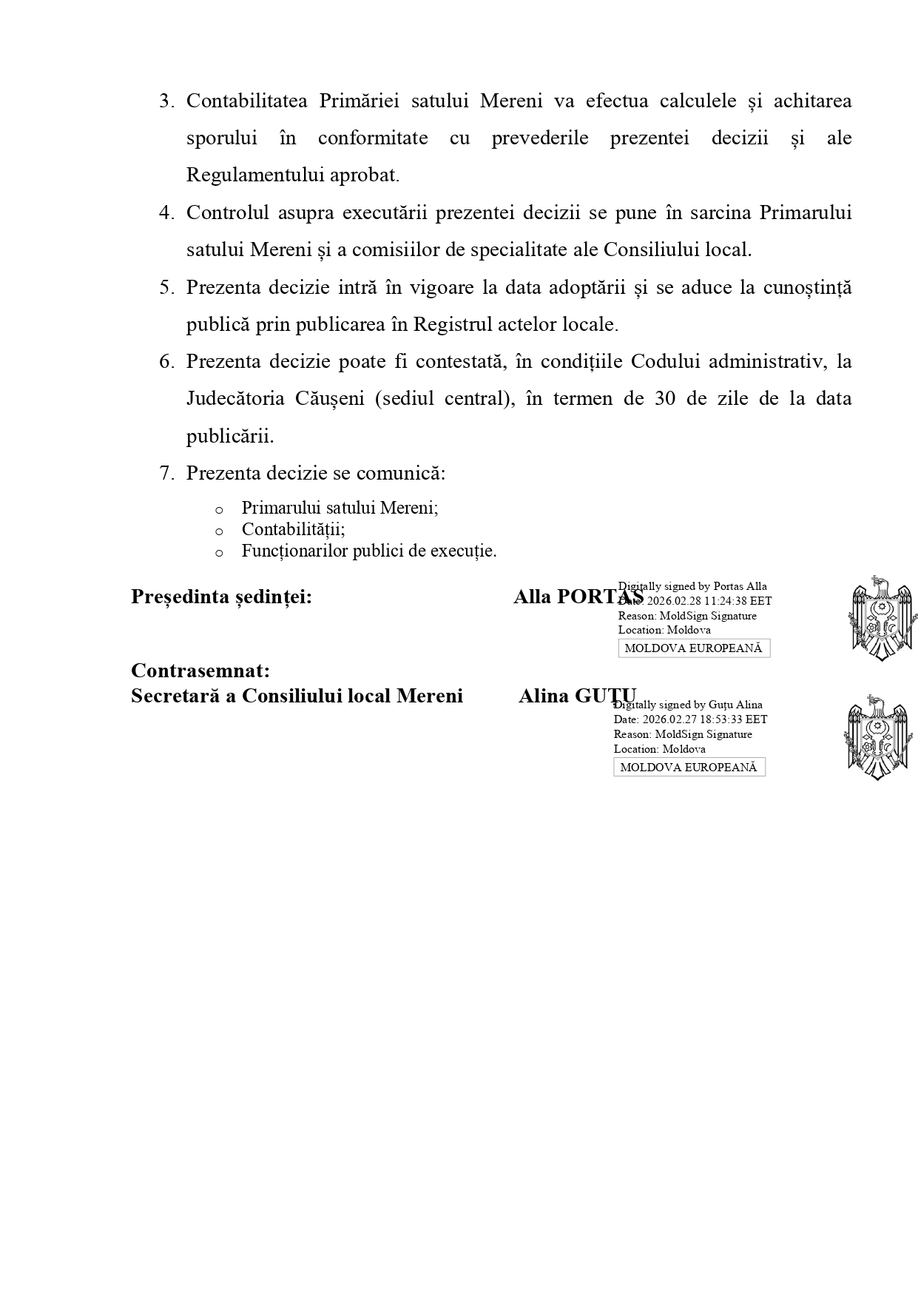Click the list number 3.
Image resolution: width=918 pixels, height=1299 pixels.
pyautogui.click(x=166, y=101)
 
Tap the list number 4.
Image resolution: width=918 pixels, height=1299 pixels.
pyautogui.click(x=166, y=212)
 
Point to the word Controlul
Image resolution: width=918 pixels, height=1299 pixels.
pyautogui.click(x=227, y=212)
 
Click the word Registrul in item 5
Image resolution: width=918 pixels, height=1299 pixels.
pyautogui.click(x=453, y=324)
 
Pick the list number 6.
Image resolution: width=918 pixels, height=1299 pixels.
pyautogui.click(x=166, y=361)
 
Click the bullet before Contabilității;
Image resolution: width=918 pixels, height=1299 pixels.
pyautogui.click(x=218, y=531)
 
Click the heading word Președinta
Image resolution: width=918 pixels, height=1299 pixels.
pyautogui.click(x=180, y=597)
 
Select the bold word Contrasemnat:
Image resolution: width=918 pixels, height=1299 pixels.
pyautogui.click(x=200, y=671)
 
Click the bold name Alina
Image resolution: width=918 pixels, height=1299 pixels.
pyautogui.click(x=543, y=696)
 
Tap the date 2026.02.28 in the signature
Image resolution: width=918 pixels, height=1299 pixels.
pyautogui.click(x=675, y=601)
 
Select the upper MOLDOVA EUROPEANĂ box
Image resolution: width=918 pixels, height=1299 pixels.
pyautogui.click(x=694, y=648)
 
